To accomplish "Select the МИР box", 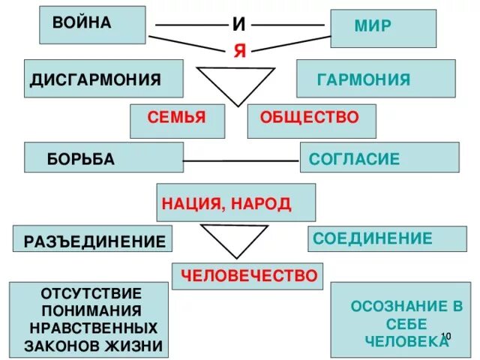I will [382, 28].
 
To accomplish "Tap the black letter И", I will [238, 24].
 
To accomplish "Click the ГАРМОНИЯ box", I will [375, 79].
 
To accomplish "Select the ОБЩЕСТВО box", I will [311, 118].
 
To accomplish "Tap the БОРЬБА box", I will [103, 157].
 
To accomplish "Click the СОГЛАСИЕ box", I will [379, 157].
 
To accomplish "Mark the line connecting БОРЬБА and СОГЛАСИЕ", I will [241, 160].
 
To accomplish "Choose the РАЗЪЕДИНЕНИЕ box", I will [93, 240].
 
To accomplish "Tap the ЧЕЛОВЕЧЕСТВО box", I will [247, 275].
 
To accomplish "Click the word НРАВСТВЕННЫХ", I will [92, 328].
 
